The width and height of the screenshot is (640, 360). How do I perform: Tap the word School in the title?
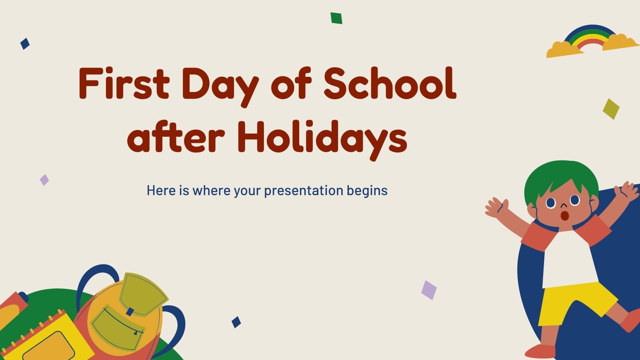click(x=390, y=84)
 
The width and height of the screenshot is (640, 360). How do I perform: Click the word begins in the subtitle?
click(x=367, y=191)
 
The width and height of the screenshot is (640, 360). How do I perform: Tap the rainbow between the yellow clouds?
click(x=591, y=37)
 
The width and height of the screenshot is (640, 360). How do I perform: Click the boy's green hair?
click(x=560, y=176)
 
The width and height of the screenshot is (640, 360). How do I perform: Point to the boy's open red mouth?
click(x=564, y=216)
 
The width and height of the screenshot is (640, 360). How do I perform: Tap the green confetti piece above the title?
click(x=336, y=18)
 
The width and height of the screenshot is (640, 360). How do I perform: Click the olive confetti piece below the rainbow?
click(x=611, y=109)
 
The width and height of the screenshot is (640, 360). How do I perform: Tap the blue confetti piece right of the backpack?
click(x=236, y=322)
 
